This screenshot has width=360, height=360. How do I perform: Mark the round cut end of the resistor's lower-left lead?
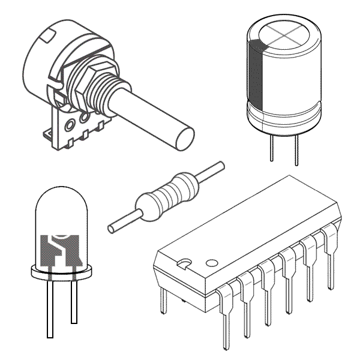point(111,227)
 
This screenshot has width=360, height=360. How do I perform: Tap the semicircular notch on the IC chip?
point(185,263)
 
